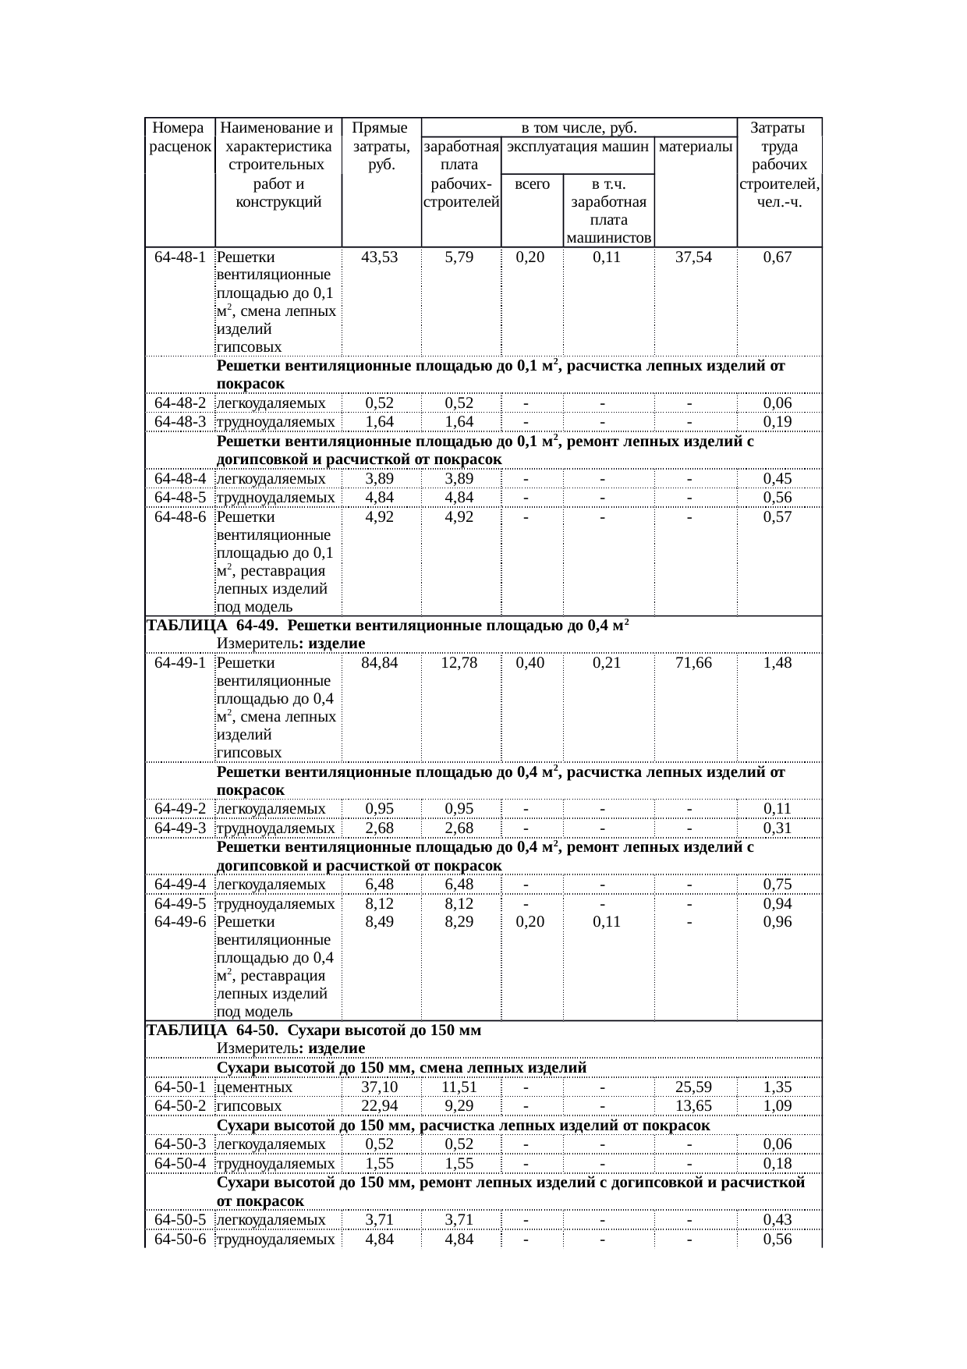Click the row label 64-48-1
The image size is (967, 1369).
(x=179, y=257)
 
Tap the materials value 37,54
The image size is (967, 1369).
(x=693, y=257)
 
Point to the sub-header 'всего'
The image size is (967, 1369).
(x=532, y=185)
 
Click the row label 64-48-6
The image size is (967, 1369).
(x=179, y=516)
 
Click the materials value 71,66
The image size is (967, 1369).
(x=693, y=663)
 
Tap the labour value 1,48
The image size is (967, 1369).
(x=777, y=663)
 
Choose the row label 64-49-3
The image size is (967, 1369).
(x=179, y=828)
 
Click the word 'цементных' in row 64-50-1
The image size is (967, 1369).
(x=254, y=1087)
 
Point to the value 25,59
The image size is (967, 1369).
(x=693, y=1087)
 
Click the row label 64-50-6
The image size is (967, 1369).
(x=179, y=1240)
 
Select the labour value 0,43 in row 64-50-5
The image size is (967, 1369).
(x=777, y=1222)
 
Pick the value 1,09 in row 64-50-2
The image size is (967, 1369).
(x=777, y=1106)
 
